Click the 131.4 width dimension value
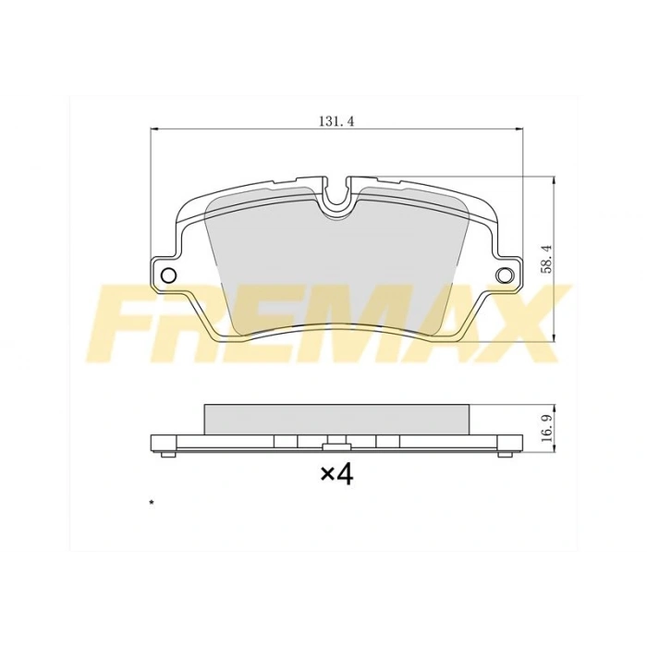[336, 121]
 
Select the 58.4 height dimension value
[546, 258]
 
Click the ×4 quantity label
[336, 474]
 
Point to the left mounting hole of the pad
[169, 275]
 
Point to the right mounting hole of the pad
[504, 275]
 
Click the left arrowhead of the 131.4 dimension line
[153, 129]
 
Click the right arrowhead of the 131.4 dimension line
[519, 129]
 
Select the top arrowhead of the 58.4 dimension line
[553, 178]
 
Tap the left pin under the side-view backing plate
[165, 454]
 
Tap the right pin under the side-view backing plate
[504, 454]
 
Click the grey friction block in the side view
[336, 418]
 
